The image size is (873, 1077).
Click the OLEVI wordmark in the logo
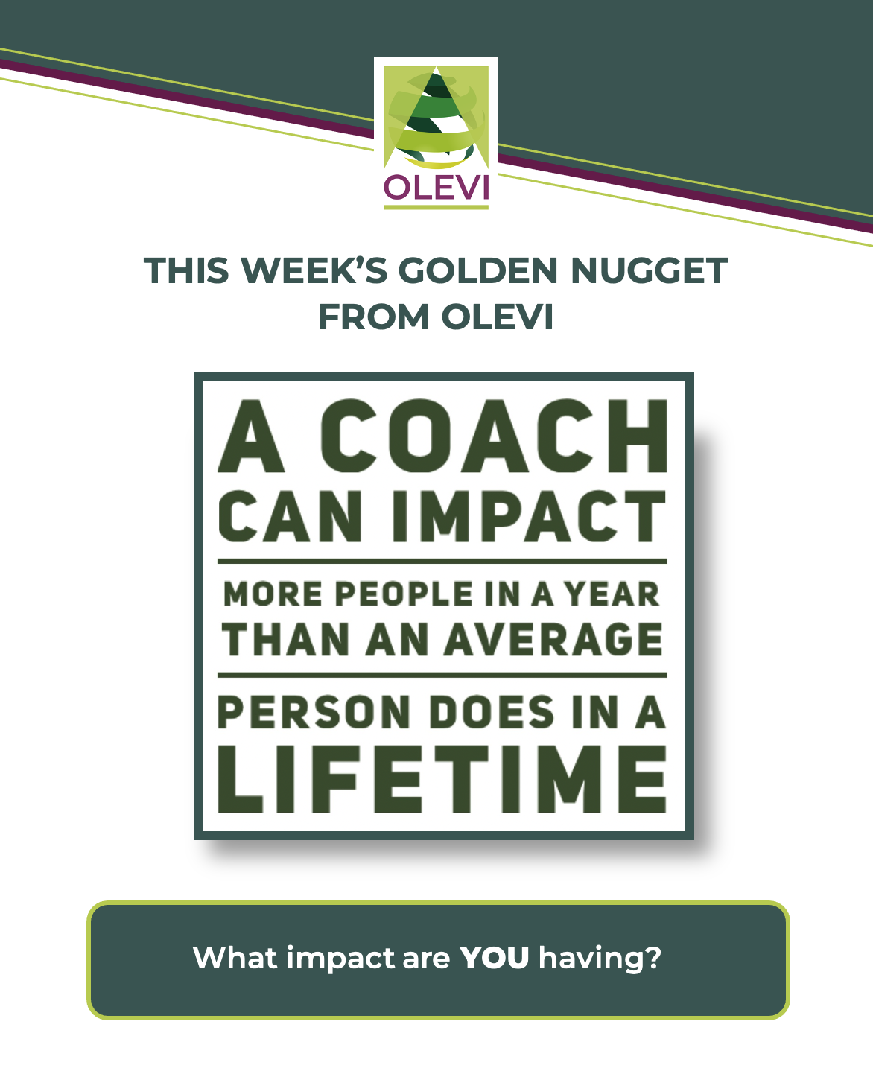pos(436,187)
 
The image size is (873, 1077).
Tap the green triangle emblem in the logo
pos(436,117)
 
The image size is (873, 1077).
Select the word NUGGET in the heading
pos(649,270)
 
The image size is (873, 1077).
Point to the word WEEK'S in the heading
pos(314,270)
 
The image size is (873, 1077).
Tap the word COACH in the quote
pos(494,436)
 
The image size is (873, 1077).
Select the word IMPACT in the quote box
pos(529,516)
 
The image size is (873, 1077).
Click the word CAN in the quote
pos(291,516)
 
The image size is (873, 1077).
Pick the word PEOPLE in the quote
pos(404,594)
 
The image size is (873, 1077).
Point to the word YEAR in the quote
pos(612,594)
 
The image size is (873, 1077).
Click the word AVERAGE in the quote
pos(553,640)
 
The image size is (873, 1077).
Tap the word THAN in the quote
pos(285,640)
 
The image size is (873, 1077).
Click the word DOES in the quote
pos(492,712)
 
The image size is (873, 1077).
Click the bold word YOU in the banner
pos(494,958)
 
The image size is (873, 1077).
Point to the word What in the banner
pos(235,957)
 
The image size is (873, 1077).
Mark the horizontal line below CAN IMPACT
pos(442,562)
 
